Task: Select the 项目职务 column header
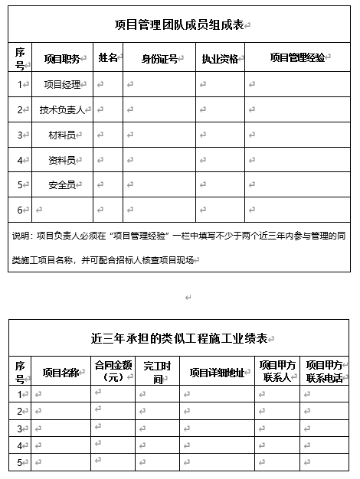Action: coord(61,58)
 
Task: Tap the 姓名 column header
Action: coord(108,57)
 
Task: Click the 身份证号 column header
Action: coord(159,58)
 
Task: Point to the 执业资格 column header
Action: coord(220,58)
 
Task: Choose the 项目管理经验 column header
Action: coord(297,57)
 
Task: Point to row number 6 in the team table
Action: coord(20,210)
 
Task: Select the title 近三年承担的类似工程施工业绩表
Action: coord(178,338)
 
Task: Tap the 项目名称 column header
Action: coord(61,373)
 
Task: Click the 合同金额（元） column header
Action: coord(113,372)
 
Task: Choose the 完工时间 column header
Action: coord(158,373)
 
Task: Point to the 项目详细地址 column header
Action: coord(217,373)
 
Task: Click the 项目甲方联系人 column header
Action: coord(276,372)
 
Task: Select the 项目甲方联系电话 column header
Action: coord(324,372)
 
